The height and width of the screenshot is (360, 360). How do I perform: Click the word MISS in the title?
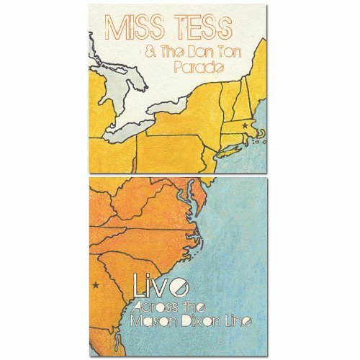[130, 28]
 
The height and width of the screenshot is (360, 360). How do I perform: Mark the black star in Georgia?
[96, 286]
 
